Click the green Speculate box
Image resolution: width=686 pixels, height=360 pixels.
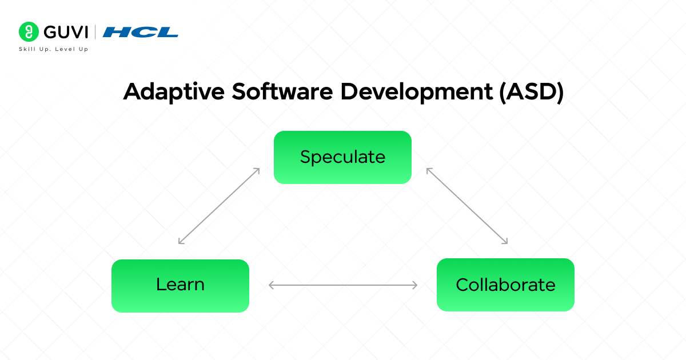coord(342,157)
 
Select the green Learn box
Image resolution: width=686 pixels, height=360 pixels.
coord(180,285)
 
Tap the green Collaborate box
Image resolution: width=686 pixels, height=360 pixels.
coord(505,285)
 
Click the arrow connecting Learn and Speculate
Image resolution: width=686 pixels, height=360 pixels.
coord(219,206)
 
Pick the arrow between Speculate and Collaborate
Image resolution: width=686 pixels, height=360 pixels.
coord(467,206)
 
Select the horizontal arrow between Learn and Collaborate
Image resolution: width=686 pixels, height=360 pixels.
coord(343,285)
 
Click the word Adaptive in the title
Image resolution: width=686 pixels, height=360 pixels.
coord(173,92)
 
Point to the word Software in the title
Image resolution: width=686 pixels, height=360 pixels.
coord(278,92)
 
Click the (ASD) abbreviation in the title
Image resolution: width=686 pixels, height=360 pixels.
coord(530,92)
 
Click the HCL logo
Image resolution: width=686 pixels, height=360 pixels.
coord(140,32)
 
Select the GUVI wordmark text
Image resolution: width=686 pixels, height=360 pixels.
coord(65,31)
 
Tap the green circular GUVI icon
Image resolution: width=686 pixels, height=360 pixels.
coord(28,31)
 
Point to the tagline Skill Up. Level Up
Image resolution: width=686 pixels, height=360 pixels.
coord(54,50)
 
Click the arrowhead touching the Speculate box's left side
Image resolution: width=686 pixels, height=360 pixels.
coord(257,170)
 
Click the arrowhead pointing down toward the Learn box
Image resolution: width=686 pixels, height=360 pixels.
coord(181,242)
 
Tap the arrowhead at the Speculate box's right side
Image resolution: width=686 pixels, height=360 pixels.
coord(429,170)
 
